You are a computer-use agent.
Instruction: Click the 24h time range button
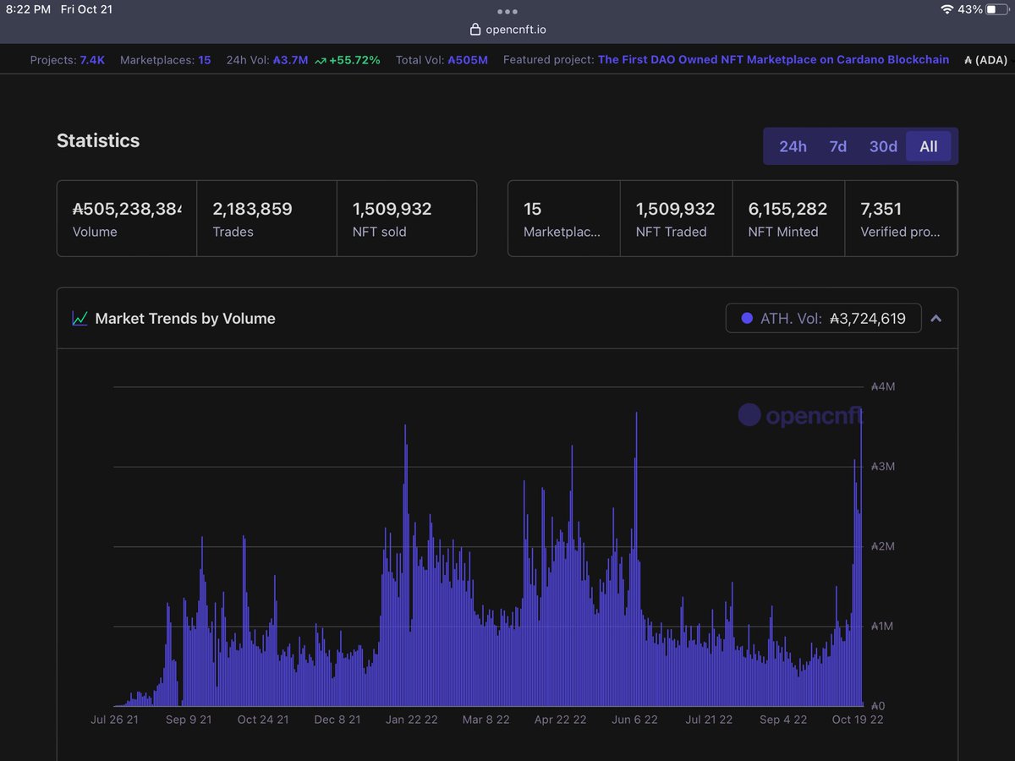(x=793, y=146)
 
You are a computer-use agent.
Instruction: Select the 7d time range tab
(x=837, y=146)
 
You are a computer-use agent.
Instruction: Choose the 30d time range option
(x=883, y=146)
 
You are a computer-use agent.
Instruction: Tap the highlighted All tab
(x=928, y=146)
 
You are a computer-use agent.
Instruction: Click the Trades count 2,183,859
(x=252, y=209)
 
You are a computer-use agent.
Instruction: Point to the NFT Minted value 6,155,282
(x=787, y=209)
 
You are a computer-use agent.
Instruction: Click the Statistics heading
(x=98, y=140)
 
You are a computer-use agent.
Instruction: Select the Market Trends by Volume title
(x=185, y=319)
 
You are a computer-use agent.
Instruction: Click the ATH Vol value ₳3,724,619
(x=867, y=319)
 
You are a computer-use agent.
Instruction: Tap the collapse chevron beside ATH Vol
(x=935, y=319)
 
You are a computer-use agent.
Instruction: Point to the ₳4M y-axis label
(x=882, y=386)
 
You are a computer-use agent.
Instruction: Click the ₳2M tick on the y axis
(x=882, y=546)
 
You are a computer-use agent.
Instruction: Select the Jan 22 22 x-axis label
(x=412, y=720)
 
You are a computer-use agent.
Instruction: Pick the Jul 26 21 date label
(x=114, y=720)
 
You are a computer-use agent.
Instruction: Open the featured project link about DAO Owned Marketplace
(x=773, y=60)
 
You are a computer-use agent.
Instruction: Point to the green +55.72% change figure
(x=354, y=60)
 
